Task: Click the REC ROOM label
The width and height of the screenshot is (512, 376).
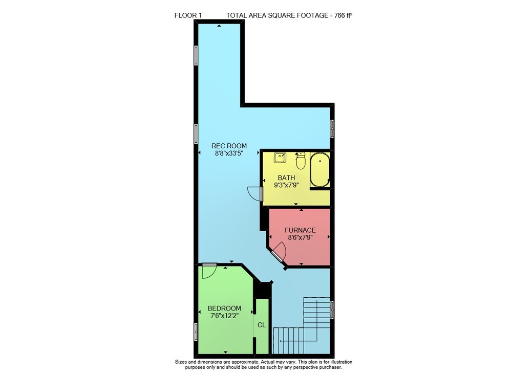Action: tap(229, 146)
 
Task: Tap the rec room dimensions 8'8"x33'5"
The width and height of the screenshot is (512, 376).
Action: tap(229, 153)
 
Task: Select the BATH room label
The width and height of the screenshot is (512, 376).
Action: tap(286, 178)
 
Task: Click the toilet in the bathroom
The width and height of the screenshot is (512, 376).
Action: tap(301, 160)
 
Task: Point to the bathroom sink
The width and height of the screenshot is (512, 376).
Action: tap(280, 158)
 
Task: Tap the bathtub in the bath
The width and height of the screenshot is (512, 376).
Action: tap(319, 169)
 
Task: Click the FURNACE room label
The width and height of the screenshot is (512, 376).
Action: tap(300, 230)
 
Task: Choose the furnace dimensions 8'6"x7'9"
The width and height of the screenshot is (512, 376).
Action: tap(300, 237)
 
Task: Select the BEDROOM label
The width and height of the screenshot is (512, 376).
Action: tap(224, 308)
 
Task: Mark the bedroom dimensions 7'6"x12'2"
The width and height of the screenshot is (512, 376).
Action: tap(224, 316)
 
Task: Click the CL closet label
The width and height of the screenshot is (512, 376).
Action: tap(262, 325)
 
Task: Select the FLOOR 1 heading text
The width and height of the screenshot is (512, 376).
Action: tap(188, 15)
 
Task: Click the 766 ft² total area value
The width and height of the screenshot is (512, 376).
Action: tap(343, 15)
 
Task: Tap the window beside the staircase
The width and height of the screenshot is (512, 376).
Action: tap(332, 309)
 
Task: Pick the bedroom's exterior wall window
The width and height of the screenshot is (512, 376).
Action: tap(196, 331)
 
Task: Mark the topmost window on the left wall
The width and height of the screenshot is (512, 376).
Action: tap(196, 55)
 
